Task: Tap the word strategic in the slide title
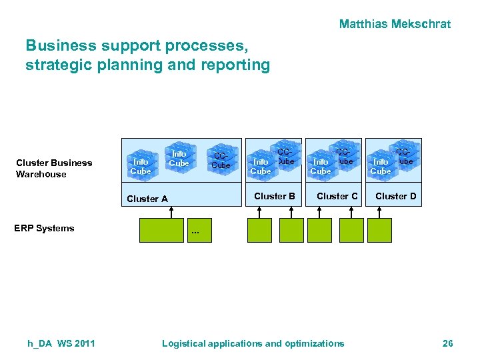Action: point(54,65)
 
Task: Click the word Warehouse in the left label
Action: point(41,174)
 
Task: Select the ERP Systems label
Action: point(44,228)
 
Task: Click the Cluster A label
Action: point(147,199)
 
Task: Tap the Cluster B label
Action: point(275,196)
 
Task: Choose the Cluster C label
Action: point(337,196)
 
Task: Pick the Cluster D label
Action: point(395,196)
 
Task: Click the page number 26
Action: point(447,343)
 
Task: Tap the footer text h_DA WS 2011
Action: point(61,343)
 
